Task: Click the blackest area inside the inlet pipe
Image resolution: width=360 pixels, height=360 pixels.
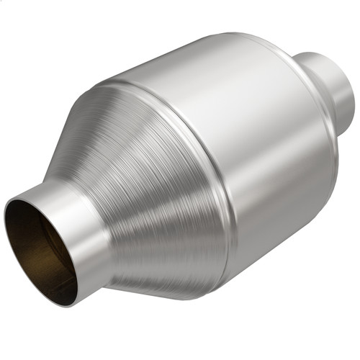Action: [54, 266]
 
